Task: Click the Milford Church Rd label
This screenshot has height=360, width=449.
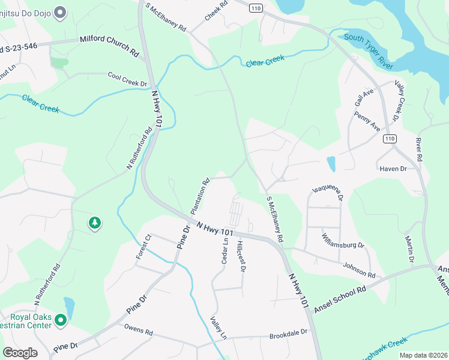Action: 109,46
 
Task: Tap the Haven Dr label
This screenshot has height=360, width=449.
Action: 393,169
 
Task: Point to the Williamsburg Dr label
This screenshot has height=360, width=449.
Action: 343,241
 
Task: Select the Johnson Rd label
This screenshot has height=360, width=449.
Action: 359,269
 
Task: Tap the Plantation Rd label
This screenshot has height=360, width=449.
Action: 200,196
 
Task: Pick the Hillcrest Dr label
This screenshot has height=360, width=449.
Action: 241,257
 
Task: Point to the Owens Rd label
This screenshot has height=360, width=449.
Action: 139,329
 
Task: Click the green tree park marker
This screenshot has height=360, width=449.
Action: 94,224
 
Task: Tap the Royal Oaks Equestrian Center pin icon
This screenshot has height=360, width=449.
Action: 60,321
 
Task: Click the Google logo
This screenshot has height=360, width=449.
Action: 20,353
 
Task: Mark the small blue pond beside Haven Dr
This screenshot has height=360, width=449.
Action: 331,163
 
